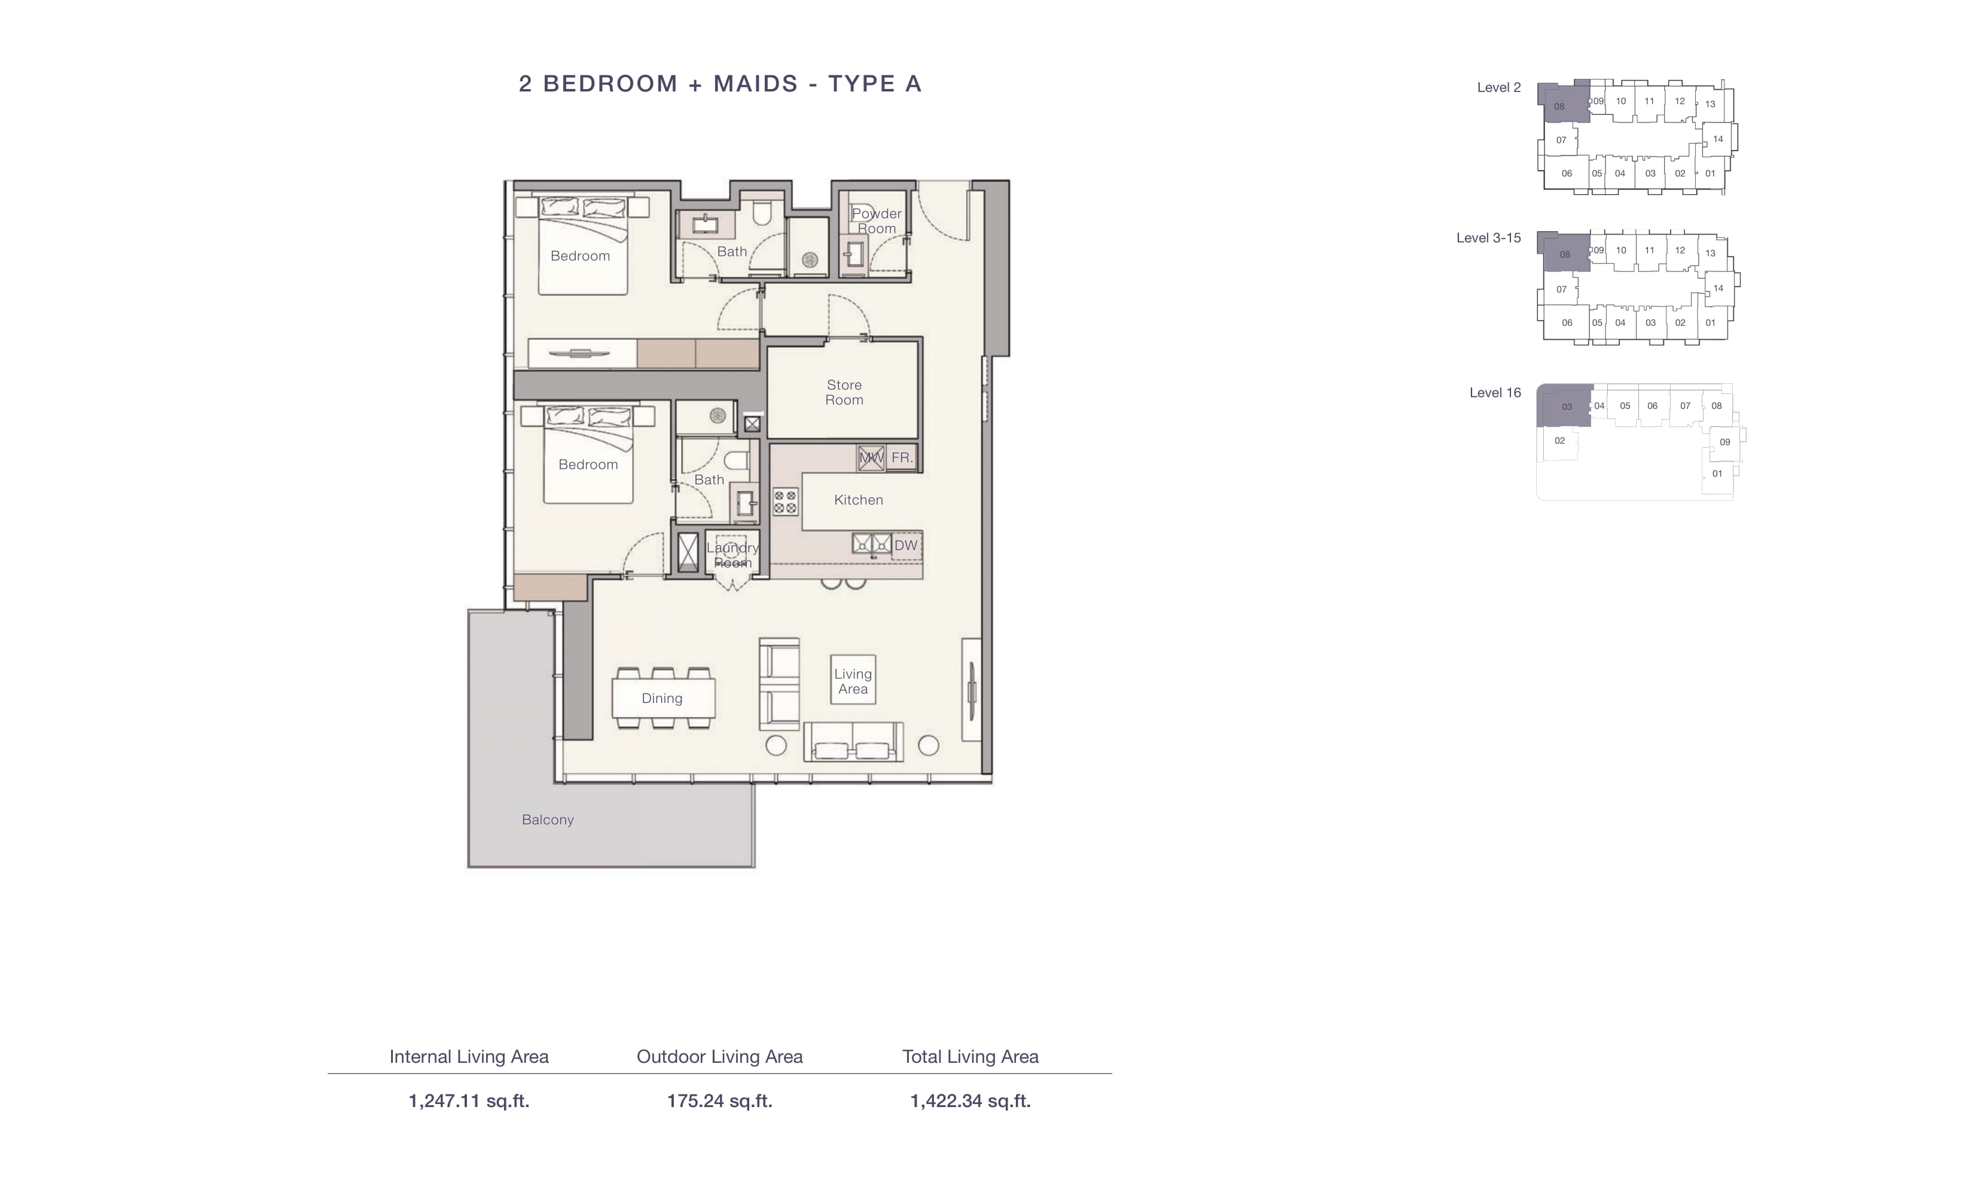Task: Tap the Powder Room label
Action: [x=877, y=221]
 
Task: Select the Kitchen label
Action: [x=858, y=500]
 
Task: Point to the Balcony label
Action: [x=547, y=820]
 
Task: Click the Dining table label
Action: [x=661, y=699]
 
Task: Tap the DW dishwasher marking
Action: [x=905, y=546]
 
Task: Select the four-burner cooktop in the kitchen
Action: [x=785, y=502]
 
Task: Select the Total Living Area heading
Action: [x=970, y=1056]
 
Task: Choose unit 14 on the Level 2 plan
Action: [x=1718, y=139]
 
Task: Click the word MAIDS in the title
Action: [x=755, y=83]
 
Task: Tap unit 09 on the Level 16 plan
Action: [x=1725, y=442]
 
